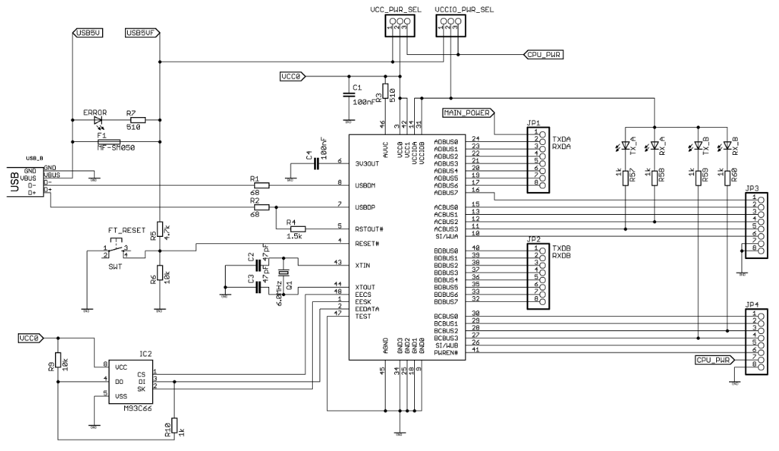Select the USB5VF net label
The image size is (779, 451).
(141, 33)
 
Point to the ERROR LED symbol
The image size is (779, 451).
(89, 121)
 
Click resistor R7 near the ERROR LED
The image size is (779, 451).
(134, 121)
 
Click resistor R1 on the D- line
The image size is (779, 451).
(261, 186)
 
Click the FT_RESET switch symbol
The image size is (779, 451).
(114, 249)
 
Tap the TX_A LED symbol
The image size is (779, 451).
(626, 146)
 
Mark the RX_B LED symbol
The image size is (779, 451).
(728, 146)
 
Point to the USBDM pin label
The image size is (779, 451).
(366, 186)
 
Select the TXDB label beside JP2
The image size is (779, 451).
(561, 248)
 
